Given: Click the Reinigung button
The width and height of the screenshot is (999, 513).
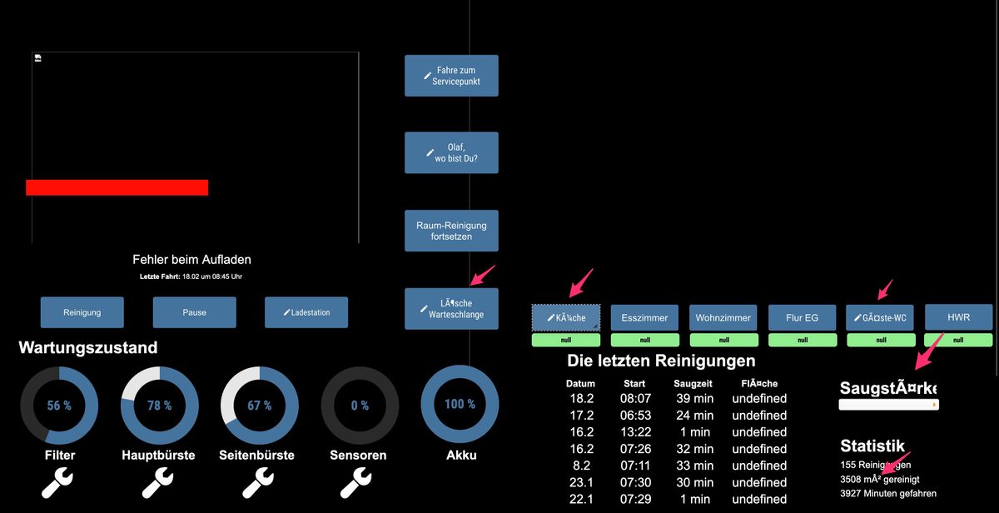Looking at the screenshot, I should coord(82,312).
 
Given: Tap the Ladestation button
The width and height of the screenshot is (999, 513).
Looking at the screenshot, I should coord(306,312).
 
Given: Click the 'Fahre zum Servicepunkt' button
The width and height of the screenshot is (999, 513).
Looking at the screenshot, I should coord(451,76).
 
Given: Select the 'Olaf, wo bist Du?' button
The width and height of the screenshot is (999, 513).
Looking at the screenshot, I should coord(451,152).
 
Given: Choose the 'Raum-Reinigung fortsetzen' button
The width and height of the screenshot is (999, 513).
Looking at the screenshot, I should coord(451,231).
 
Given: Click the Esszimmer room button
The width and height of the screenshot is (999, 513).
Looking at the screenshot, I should coord(644,317).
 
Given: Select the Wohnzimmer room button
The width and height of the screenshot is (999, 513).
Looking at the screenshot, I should coord(723,317).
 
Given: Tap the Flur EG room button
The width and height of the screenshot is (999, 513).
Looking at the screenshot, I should coord(803,317).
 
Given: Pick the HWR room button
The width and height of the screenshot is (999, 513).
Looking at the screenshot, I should coord(958,317).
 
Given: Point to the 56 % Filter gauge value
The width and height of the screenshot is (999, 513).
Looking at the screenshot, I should coord(59,406).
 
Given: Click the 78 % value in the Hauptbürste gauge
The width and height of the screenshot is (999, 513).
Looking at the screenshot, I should coord(159,406).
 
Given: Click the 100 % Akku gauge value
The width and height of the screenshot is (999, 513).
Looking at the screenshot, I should coord(460,404).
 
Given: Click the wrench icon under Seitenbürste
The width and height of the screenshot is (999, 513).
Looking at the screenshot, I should coord(259,481).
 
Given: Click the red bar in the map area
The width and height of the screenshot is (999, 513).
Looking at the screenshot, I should coord(117,187).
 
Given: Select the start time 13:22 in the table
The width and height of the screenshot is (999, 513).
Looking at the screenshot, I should coord(635,432).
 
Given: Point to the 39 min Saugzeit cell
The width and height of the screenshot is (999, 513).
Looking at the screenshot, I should coord(693,399).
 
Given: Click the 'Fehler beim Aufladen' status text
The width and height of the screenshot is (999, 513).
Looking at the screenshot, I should coord(191,260).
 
